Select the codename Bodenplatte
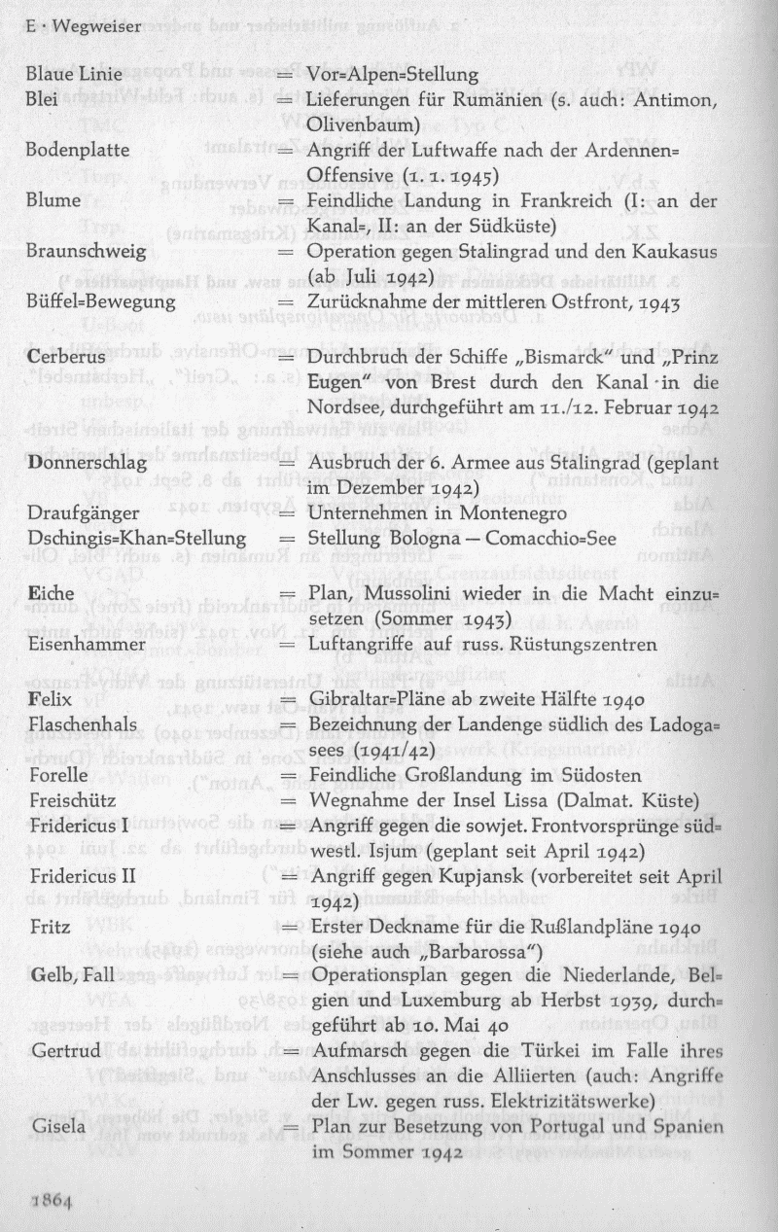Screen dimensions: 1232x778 click(x=77, y=150)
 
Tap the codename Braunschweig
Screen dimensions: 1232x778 click(x=86, y=251)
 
